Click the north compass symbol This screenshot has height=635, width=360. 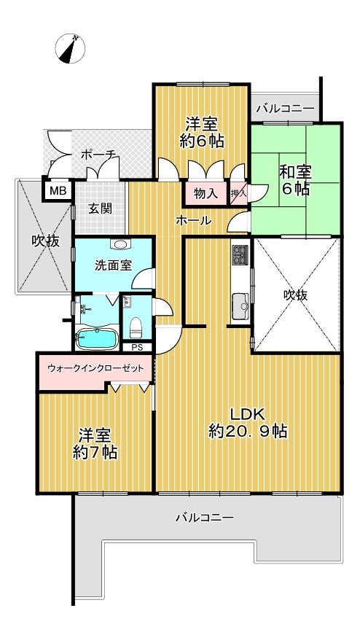70,49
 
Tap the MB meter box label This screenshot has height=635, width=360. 58,191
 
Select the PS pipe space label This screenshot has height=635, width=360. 136,347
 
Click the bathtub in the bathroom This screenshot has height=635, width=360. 97,338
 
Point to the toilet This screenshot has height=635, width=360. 136,327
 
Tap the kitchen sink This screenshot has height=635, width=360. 239,303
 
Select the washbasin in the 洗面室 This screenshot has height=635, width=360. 120,244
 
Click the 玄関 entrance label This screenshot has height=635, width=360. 100,209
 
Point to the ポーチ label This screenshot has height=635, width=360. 99,155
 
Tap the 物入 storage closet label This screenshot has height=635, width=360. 206,194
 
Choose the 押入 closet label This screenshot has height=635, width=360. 238,193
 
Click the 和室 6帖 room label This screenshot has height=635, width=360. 295,180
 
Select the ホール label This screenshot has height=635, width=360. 194,220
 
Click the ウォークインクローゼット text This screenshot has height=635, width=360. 95,368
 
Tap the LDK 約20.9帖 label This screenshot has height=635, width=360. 248,422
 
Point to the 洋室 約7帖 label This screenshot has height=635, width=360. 95,443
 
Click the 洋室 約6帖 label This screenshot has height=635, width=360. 202,132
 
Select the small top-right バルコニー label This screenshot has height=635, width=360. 286,109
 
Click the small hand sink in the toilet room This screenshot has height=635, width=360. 127,301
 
